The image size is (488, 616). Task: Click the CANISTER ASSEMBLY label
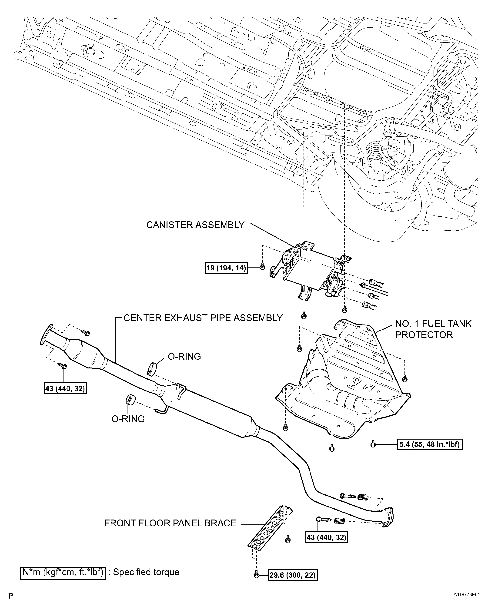click(195, 225)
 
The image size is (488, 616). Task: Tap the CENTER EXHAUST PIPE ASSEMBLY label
click(203, 318)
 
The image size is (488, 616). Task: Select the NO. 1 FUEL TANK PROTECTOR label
click(433, 329)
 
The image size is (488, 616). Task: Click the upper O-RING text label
click(184, 357)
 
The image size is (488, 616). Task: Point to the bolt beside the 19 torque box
click(263, 267)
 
